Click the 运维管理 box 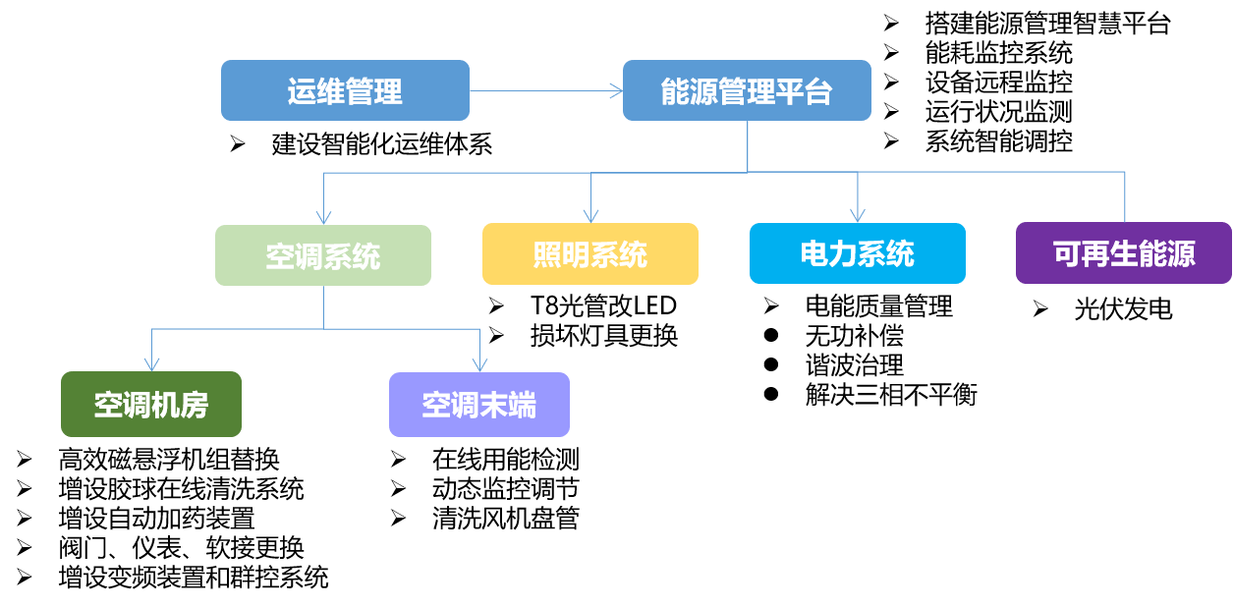[x=345, y=90]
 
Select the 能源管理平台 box [x=747, y=90]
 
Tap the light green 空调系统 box [x=322, y=255]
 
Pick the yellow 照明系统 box [x=589, y=253]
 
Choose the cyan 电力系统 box [x=857, y=253]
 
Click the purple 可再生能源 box [x=1123, y=253]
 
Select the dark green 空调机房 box [x=150, y=404]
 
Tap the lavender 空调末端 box [x=478, y=405]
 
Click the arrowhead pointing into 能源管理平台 [x=616, y=91]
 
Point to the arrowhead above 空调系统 [x=323, y=217]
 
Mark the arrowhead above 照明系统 [x=590, y=216]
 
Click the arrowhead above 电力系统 [x=858, y=215]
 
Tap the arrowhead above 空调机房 [x=151, y=363]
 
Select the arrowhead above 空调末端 [x=479, y=364]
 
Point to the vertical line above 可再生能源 [x=1125, y=196]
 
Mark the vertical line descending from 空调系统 [x=323, y=306]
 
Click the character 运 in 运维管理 [x=301, y=91]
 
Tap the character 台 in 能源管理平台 [x=819, y=91]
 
